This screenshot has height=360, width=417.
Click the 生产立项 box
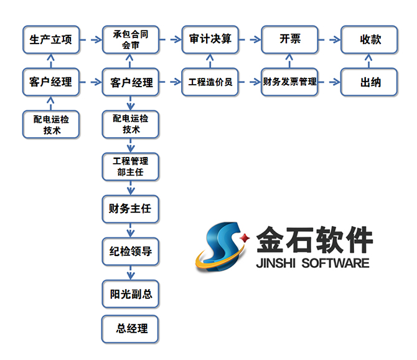point(51,40)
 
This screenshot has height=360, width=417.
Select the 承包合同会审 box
point(131,40)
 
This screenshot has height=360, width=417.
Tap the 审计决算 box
point(210,40)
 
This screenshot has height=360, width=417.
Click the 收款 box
point(370,40)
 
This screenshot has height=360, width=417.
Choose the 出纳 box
point(370,82)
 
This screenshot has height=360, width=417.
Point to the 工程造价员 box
point(210,82)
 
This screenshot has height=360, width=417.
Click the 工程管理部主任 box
point(131,166)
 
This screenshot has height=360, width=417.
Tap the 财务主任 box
point(131,209)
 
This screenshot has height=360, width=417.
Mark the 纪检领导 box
point(131,251)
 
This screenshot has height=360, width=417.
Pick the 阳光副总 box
point(131,293)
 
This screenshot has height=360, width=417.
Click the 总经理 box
point(131,328)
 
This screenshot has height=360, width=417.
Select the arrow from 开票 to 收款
point(330,40)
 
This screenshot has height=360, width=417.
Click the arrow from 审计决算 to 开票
point(250,40)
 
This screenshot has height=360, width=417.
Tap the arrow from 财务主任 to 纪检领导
point(131,230)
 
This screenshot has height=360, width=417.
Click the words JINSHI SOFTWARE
point(312,263)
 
